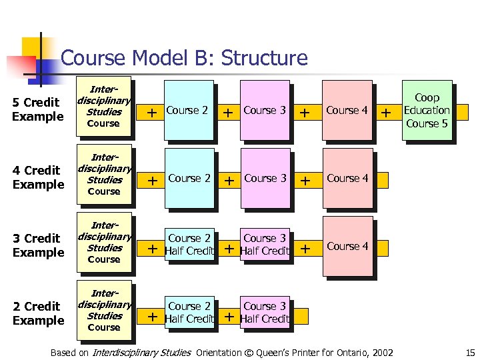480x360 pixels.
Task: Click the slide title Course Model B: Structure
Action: pyautogui.click(x=184, y=58)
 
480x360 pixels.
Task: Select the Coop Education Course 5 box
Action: pyautogui.click(x=427, y=110)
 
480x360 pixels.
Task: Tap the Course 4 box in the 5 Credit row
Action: pyautogui.click(x=347, y=111)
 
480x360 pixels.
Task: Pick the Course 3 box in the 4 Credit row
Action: pyautogui.click(x=265, y=179)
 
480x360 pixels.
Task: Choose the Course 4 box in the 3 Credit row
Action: pyautogui.click(x=347, y=246)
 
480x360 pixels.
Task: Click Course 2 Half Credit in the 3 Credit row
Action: pyautogui.click(x=189, y=245)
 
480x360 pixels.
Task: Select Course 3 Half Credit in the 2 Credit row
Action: pyautogui.click(x=265, y=312)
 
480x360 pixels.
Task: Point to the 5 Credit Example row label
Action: pyautogui.click(x=37, y=109)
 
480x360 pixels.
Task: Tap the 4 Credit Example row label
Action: pyautogui.click(x=37, y=177)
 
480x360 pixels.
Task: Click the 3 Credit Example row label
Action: pyautogui.click(x=37, y=245)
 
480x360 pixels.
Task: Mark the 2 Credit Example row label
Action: pyautogui.click(x=37, y=313)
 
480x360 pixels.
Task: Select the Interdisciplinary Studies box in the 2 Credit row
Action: pyautogui.click(x=104, y=309)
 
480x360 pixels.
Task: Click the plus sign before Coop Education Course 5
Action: pyautogui.click(x=385, y=114)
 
